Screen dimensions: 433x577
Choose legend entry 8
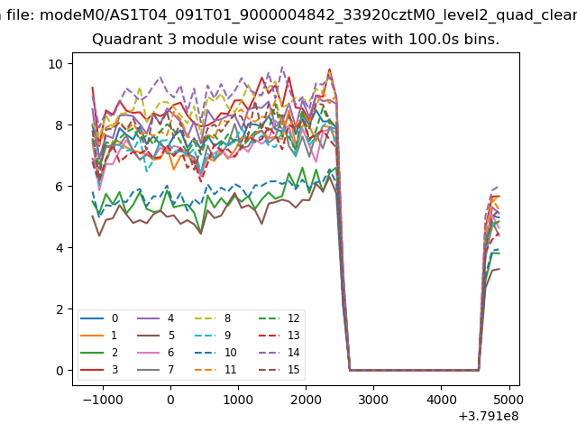point(226,318)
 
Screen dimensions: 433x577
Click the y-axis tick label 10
point(55,64)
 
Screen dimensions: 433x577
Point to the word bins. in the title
point(480,41)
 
